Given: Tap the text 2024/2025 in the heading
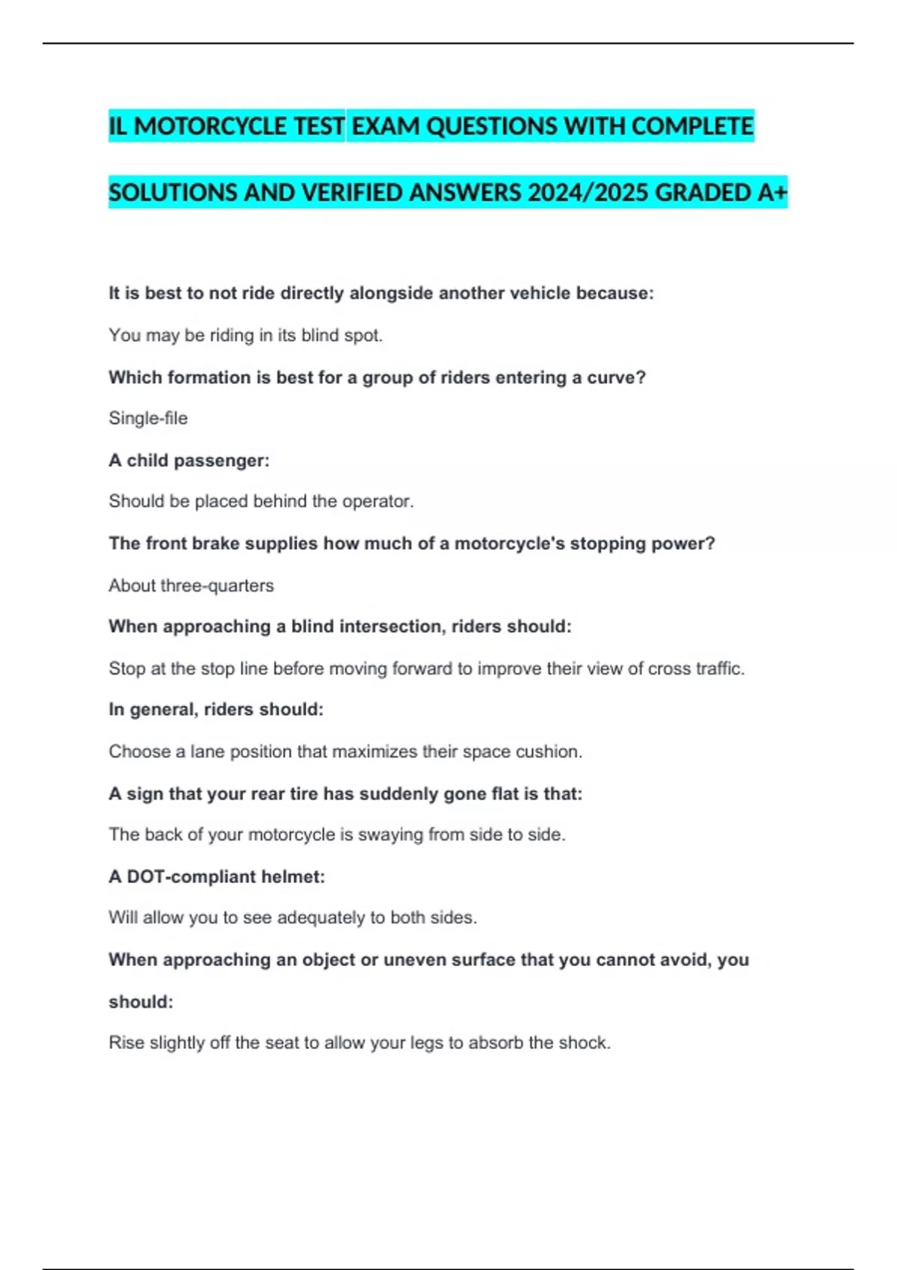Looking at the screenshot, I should [x=588, y=193].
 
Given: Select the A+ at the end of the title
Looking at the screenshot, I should [x=772, y=193].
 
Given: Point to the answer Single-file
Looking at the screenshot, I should [x=148, y=418].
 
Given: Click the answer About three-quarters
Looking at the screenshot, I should [x=191, y=586].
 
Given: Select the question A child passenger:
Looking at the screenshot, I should [x=189, y=460].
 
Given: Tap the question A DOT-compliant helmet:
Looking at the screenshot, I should [x=217, y=876].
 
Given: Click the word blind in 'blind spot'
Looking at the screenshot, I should [x=319, y=335].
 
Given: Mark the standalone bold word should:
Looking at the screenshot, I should [x=141, y=1002].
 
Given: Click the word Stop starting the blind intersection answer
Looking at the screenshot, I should [x=126, y=669].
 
